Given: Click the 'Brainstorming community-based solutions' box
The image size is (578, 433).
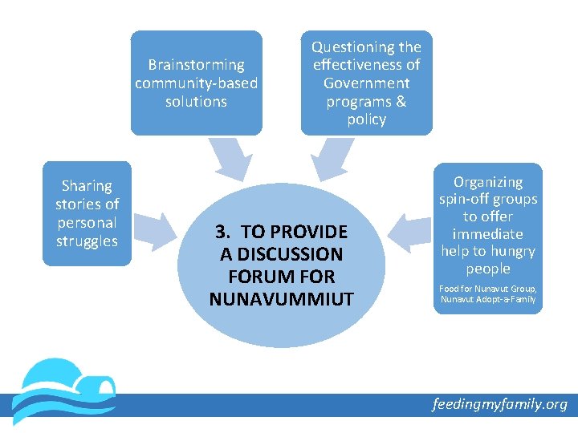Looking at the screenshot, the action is tap(196, 83).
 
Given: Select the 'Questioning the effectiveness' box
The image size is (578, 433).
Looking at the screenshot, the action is tap(366, 83).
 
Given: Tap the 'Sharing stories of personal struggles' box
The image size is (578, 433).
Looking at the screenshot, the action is tap(87, 213).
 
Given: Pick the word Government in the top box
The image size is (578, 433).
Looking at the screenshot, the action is tap(366, 83).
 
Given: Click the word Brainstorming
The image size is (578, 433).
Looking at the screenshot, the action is tap(196, 65).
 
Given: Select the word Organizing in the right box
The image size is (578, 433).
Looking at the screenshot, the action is tap(488, 183).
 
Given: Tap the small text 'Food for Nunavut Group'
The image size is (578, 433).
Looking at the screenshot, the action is tap(488, 289).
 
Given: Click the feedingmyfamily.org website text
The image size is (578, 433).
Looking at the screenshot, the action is tap(499, 404).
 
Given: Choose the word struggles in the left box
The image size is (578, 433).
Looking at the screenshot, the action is tap(87, 241).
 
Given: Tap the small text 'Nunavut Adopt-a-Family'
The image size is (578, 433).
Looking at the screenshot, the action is tap(488, 300).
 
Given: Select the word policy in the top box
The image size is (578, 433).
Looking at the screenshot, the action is tap(366, 119).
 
